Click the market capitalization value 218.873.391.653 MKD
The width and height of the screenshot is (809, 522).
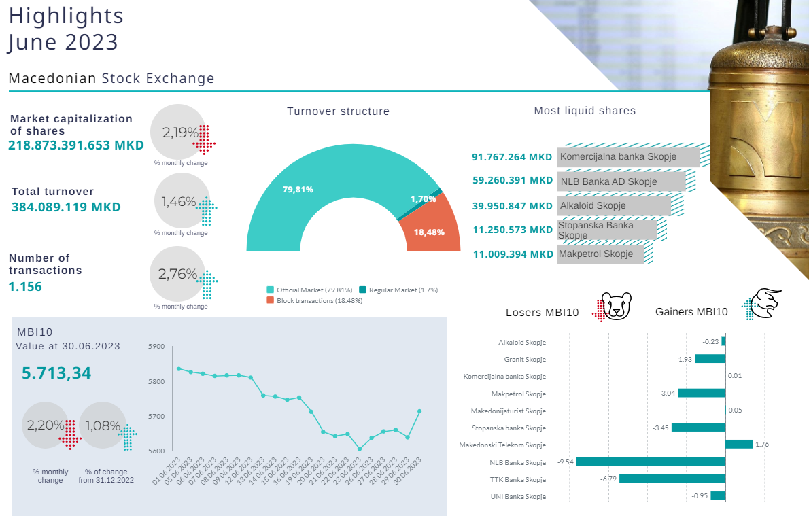(76, 145)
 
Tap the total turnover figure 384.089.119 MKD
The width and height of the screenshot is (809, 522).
(66, 207)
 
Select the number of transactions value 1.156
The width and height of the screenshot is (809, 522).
(25, 287)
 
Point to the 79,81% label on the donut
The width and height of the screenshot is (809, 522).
(298, 190)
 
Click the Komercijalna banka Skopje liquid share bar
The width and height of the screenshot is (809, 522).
(628, 157)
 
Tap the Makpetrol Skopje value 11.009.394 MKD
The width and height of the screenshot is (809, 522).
(513, 254)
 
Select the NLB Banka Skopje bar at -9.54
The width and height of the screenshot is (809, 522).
(651, 462)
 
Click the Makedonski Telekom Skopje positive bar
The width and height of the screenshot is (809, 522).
(739, 445)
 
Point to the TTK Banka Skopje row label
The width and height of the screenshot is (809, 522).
(518, 479)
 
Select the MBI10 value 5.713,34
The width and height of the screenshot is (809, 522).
(56, 373)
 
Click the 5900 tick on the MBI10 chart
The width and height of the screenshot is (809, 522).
(156, 347)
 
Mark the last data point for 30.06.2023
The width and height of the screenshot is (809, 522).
(419, 411)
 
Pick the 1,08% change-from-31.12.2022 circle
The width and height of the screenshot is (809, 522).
(103, 426)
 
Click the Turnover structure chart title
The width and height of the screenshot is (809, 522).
(338, 111)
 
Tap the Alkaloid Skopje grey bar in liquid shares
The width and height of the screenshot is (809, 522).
(614, 206)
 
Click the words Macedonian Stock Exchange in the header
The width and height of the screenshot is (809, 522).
(111, 79)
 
